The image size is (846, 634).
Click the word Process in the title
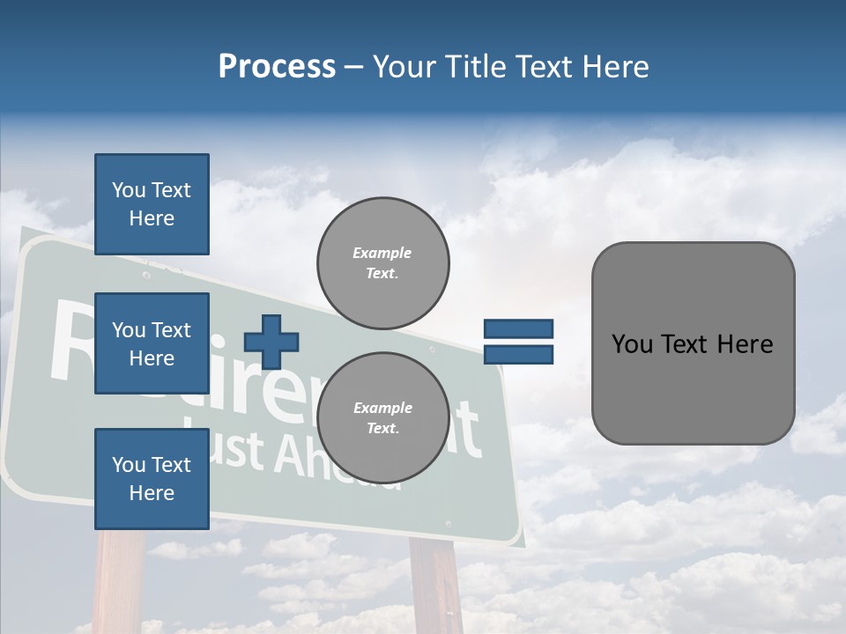coord(277,66)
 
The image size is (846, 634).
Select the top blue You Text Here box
coord(152,204)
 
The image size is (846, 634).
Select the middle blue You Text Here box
coord(152,343)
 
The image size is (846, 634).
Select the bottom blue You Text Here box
coord(152,478)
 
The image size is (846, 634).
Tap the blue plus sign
coord(271,342)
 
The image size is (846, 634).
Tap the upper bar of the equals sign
coord(518,329)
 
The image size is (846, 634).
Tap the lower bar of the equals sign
coord(518,354)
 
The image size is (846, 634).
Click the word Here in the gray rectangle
coord(745,344)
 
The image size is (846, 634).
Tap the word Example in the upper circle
coord(382,253)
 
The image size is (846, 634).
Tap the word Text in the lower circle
coord(382,429)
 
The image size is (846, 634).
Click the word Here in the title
coord(616,66)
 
